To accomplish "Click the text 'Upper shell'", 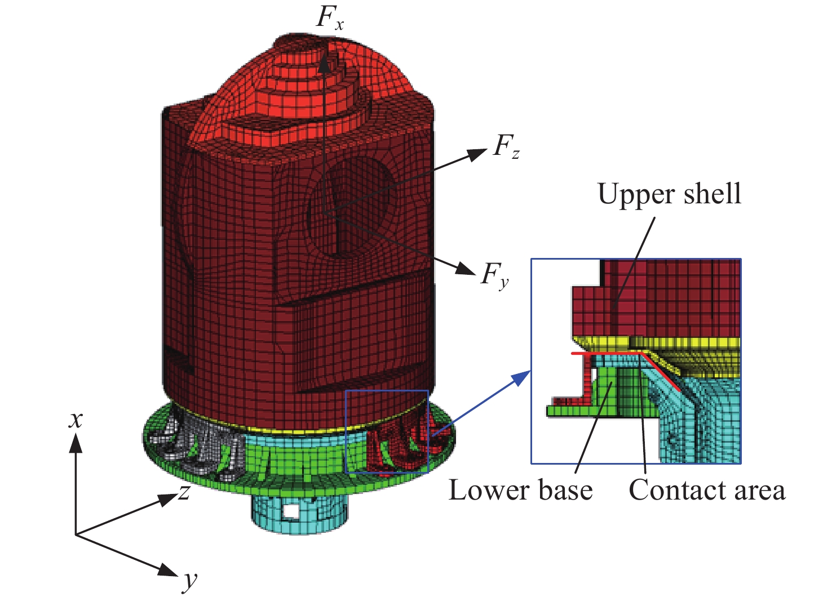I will [x=669, y=195].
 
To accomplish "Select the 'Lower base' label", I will [x=520, y=491].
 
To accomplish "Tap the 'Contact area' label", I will [x=707, y=491].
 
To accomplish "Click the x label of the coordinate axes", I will [x=76, y=420].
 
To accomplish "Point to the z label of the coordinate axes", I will [x=184, y=492].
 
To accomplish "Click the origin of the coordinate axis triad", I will [x=76, y=534].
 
